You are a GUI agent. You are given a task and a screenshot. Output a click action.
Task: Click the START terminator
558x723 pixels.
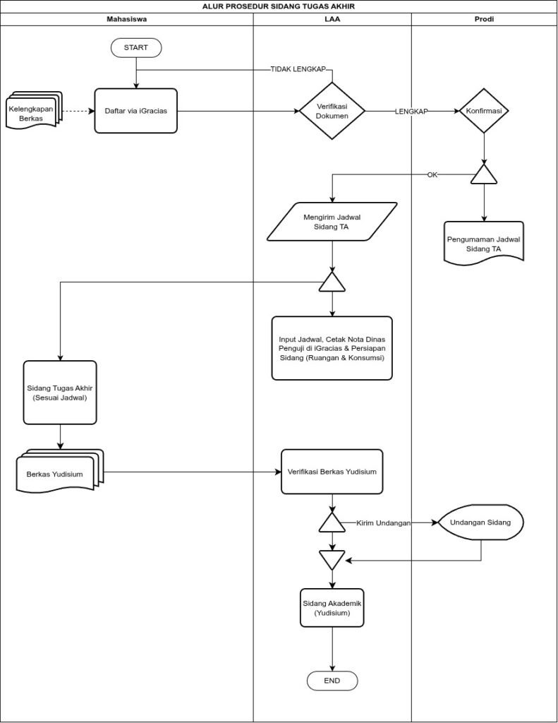[136, 47]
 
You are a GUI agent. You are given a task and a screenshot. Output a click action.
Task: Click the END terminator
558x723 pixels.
[332, 681]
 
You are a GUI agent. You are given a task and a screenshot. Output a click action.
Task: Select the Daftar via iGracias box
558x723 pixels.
[136, 111]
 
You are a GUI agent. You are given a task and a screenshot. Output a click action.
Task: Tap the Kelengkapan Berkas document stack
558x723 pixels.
[34, 109]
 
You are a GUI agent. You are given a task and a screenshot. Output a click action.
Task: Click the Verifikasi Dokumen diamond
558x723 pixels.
[332, 111]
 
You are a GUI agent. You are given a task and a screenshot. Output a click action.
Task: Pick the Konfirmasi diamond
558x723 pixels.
[484, 111]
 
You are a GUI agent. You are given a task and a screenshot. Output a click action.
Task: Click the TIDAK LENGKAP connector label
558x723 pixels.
[298, 69]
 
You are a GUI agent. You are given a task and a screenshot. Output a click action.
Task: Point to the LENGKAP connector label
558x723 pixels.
[411, 111]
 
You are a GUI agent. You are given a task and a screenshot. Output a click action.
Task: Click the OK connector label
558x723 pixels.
[432, 175]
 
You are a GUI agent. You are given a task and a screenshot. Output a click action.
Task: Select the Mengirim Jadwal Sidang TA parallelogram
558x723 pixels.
[332, 222]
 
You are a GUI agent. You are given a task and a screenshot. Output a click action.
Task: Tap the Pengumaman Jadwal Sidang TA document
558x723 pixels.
[484, 244]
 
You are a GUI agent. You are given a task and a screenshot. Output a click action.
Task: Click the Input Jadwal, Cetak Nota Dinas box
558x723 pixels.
[332, 348]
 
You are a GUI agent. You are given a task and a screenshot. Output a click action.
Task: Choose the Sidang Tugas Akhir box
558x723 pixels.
[60, 393]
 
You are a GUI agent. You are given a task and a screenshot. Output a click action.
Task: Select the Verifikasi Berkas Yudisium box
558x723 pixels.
[332, 472]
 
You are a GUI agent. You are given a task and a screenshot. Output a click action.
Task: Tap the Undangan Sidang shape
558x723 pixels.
[480, 522]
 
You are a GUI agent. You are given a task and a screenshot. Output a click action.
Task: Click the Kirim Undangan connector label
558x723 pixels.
[383, 523]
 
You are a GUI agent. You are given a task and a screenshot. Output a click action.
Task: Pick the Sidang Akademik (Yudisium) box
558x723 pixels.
[332, 608]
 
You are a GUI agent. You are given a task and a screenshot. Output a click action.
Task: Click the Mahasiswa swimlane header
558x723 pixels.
[127, 19]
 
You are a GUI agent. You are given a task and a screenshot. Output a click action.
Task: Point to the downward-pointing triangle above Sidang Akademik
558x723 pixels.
[332, 558]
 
